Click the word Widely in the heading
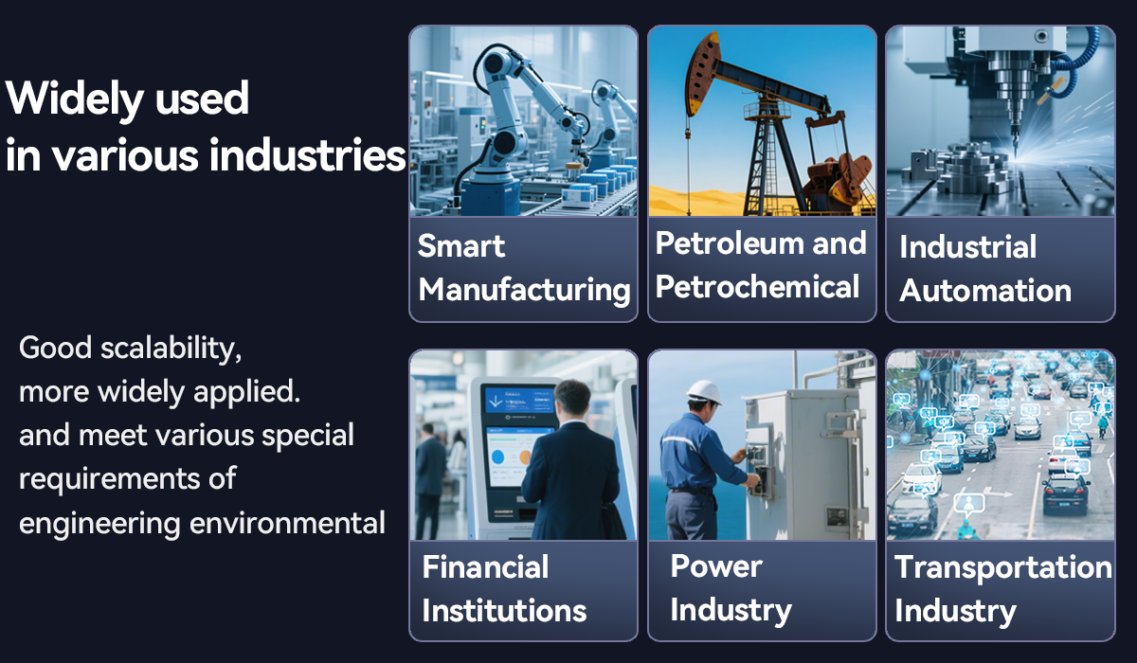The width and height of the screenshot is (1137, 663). (75, 100)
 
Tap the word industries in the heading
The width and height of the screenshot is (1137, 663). (307, 154)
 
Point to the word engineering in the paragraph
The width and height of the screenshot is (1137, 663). (100, 525)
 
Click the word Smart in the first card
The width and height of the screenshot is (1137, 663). (460, 246)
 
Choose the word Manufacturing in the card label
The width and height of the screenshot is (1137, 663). (524, 291)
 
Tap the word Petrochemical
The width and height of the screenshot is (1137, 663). (757, 287)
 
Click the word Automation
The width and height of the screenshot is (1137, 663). (985, 291)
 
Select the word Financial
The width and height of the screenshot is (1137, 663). (485, 566)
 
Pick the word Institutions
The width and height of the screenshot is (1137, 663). (504, 610)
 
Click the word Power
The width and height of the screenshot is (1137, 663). (716, 565)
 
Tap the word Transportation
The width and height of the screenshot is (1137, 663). (1003, 567)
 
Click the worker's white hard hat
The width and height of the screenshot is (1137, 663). (705, 392)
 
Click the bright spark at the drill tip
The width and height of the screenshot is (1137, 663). (1016, 153)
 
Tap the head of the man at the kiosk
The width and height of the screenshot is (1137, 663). (572, 401)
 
